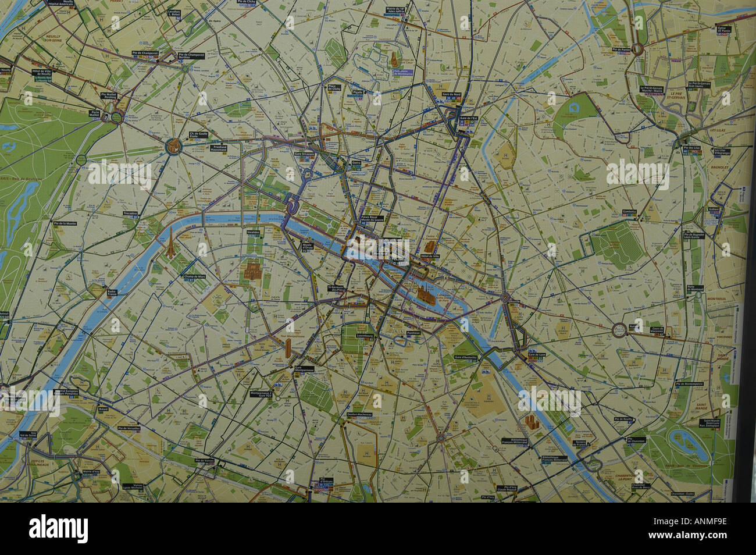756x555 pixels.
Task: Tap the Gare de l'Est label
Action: pos(468,119)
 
